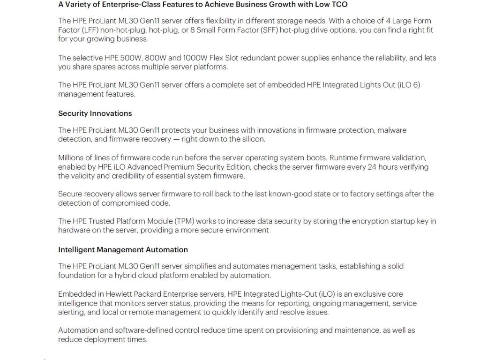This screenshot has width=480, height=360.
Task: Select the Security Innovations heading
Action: point(95,113)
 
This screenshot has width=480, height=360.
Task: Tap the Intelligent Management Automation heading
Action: point(123,250)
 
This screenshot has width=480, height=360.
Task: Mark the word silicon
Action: point(253,139)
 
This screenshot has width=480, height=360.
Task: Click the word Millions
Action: point(72,157)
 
